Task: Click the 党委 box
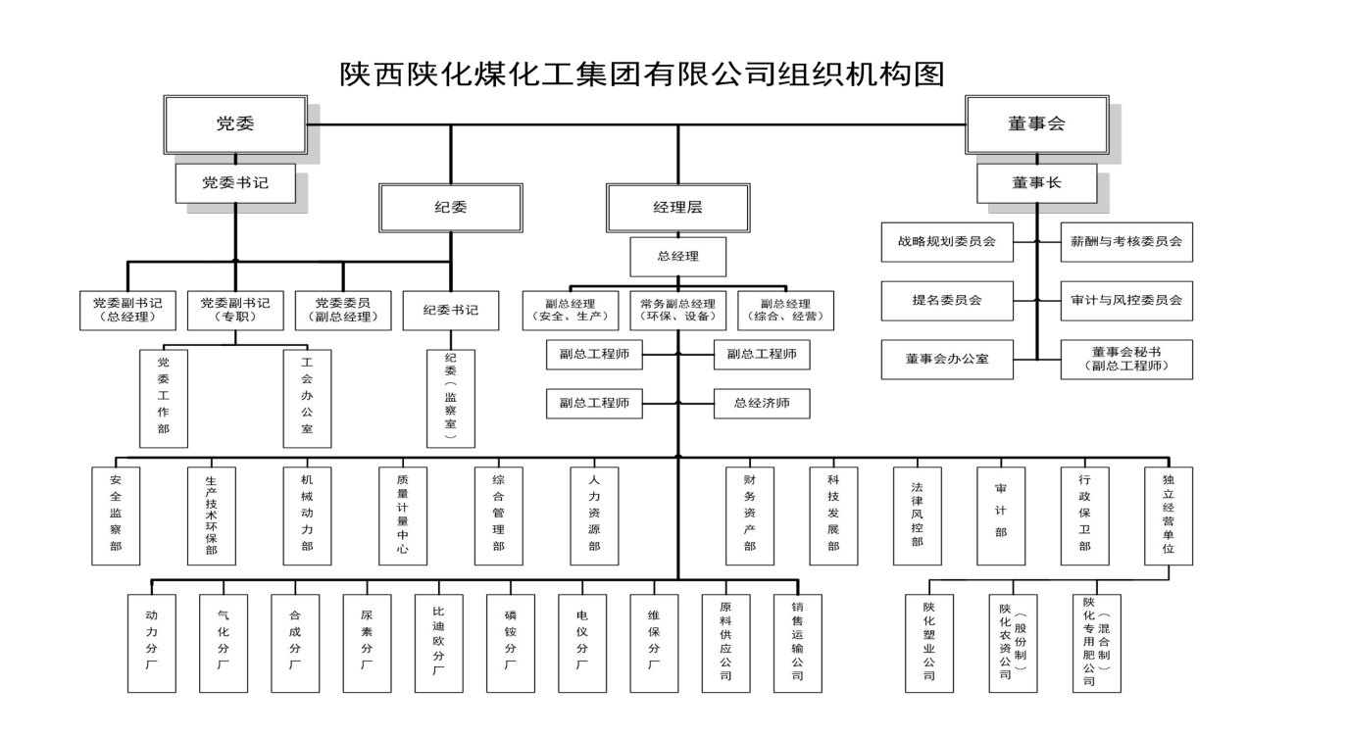point(235,123)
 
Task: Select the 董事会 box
point(1036,123)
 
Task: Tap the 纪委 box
point(451,207)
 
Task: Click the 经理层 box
point(677,207)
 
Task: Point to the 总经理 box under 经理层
point(677,257)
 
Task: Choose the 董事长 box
point(1036,182)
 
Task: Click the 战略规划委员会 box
point(946,241)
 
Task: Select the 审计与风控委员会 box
point(1126,300)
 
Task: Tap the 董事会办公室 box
point(946,359)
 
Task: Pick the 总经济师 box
point(762,403)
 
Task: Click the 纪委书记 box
point(451,310)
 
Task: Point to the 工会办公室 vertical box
point(307,398)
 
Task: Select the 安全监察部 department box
point(116,516)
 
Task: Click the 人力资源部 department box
point(594,516)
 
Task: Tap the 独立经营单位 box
point(1169,516)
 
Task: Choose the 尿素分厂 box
point(367,643)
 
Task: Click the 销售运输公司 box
point(797,643)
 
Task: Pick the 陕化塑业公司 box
point(928,643)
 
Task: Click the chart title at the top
point(642,74)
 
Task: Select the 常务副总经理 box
point(677,310)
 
